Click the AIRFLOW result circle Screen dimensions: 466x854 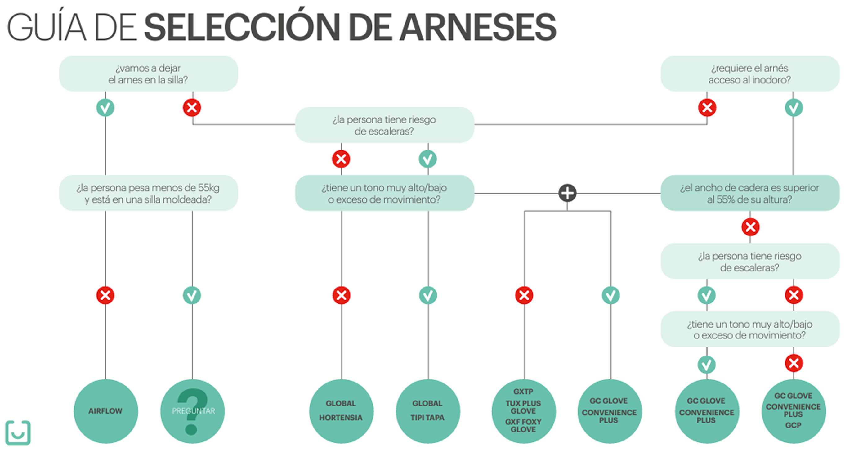105,411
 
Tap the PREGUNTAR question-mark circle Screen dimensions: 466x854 192,411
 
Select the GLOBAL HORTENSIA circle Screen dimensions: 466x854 341,411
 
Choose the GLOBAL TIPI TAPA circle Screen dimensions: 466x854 428,411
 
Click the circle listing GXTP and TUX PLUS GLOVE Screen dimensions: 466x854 523,411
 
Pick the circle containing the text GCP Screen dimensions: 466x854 793,411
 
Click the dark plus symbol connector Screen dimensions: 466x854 567,193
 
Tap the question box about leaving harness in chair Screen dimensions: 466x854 148,74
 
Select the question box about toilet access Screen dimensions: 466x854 750,74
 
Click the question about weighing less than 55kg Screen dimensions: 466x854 148,193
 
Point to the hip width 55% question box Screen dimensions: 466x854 750,193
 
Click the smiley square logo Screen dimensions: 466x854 18,432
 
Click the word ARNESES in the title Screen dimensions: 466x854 477,27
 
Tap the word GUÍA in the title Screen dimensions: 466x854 47,27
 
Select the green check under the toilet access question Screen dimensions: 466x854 793,107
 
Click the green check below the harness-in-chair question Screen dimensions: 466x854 105,107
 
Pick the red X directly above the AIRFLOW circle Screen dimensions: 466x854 105,295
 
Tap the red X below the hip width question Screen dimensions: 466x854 750,227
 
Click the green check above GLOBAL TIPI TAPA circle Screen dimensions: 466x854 428,295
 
